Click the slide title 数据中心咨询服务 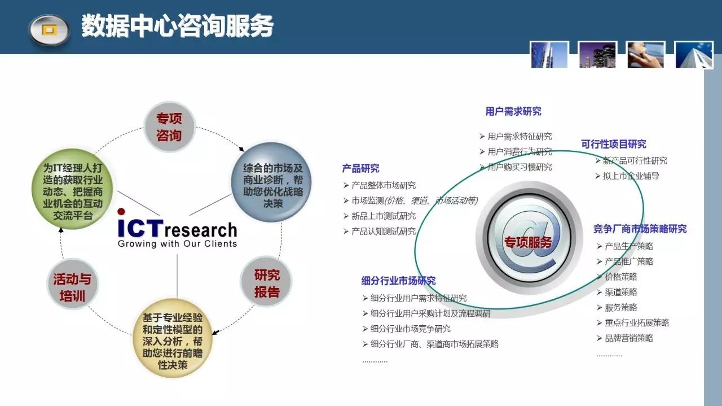click(177, 26)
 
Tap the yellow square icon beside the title click(49, 30)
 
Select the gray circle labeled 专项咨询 click(169, 127)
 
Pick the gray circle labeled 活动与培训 click(73, 285)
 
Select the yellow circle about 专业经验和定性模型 click(173, 339)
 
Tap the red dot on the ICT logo click(121, 212)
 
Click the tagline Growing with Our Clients click(177, 244)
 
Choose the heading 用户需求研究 click(513, 111)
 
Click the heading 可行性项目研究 click(614, 144)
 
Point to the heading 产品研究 click(360, 168)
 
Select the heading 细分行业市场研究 click(398, 281)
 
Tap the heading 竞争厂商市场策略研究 click(640, 229)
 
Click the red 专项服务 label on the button click(528, 242)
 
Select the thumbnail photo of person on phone click(645, 55)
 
